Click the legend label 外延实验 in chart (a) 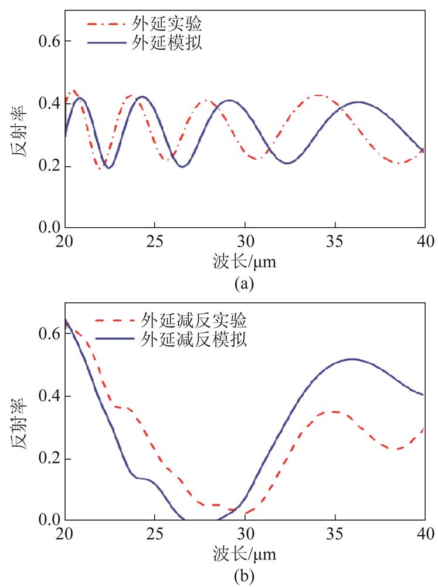[x=167, y=23]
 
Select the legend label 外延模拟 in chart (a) [x=167, y=43]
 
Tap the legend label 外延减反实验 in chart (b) [x=193, y=321]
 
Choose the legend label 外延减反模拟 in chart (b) [x=193, y=339]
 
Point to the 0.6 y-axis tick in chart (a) [x=49, y=41]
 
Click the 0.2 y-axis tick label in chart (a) [x=49, y=166]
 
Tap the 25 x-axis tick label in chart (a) [x=155, y=241]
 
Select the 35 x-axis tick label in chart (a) [x=335, y=241]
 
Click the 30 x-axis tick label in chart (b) [x=245, y=534]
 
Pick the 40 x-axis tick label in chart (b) [x=426, y=534]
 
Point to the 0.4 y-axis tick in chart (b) [x=49, y=396]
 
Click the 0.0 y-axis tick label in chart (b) [x=49, y=519]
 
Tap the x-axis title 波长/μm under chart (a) [x=245, y=262]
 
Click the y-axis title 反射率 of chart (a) [x=19, y=131]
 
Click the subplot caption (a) [x=245, y=284]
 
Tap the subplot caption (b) [x=245, y=576]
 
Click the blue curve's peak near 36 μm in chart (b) [x=352, y=359]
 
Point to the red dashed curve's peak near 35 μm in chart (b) [x=335, y=411]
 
